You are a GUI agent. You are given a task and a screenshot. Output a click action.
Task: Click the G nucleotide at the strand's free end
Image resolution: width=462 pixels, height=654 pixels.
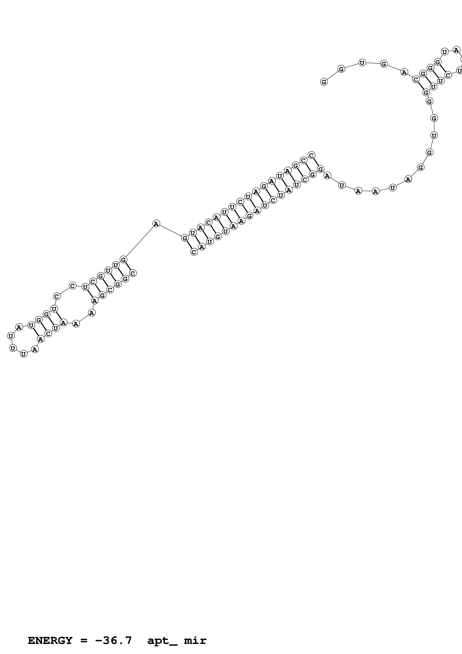pos(324,82)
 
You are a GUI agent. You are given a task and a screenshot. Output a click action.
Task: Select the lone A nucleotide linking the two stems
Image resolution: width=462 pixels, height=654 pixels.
pos(156,224)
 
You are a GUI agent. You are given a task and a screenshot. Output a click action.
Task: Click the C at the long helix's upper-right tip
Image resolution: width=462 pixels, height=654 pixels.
pos(312,155)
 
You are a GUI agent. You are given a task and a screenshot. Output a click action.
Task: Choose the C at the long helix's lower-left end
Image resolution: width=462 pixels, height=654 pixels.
pos(194,252)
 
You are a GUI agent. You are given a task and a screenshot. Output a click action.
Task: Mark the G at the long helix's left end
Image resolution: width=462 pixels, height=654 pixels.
pos(185,238)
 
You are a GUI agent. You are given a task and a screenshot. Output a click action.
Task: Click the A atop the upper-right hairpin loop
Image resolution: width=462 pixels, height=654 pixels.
pos(456,50)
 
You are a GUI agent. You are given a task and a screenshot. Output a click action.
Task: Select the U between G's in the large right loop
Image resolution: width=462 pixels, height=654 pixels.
pos(434,135)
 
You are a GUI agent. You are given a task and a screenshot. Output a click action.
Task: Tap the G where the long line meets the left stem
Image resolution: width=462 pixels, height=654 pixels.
pos(123,260)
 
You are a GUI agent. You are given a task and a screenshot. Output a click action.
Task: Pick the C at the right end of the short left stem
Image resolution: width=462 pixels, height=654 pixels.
pos(133,273)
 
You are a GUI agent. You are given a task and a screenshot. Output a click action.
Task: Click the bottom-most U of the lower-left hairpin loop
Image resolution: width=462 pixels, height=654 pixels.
pos(24,354)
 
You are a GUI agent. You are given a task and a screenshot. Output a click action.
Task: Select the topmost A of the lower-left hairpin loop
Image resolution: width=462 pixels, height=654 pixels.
pos(19,327)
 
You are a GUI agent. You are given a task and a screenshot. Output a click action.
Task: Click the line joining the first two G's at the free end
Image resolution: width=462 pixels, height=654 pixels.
pos(332,75)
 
